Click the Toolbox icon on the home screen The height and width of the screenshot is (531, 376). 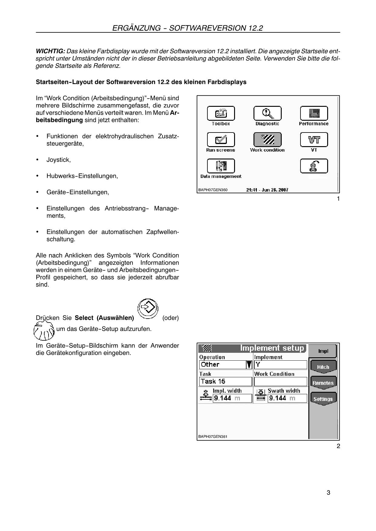[221, 113]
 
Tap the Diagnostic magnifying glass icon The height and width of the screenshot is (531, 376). [267, 113]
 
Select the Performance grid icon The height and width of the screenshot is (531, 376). [314, 113]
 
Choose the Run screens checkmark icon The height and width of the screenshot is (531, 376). [221, 139]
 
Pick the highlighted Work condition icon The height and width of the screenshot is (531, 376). [267, 139]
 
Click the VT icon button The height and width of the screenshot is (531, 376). [314, 139]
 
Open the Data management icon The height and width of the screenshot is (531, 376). [221, 166]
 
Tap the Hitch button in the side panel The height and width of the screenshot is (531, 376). [323, 367]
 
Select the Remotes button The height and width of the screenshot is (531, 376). [323, 383]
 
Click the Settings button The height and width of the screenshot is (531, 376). [323, 399]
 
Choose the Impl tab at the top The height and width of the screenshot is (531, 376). [323, 351]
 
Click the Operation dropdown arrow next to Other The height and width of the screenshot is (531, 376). [249, 365]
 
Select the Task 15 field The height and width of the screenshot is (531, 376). [225, 382]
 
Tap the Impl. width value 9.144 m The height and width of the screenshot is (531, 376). [232, 398]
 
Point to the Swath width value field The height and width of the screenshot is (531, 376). [287, 398]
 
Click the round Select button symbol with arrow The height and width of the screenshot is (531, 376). [148, 309]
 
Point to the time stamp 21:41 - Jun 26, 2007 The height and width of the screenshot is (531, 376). [267, 190]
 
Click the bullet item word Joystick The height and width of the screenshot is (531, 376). [59, 160]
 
